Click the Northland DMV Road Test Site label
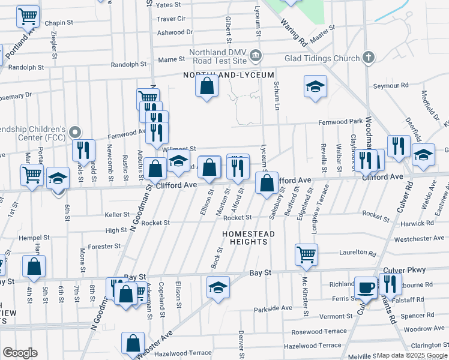218,56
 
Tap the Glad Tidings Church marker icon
369,58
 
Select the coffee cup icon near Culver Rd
365,287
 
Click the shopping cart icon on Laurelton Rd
306,254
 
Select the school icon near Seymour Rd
315,86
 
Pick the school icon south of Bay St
218,287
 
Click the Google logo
20,353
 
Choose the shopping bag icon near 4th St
34,266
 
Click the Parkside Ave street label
273,308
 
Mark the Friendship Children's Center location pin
74,131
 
